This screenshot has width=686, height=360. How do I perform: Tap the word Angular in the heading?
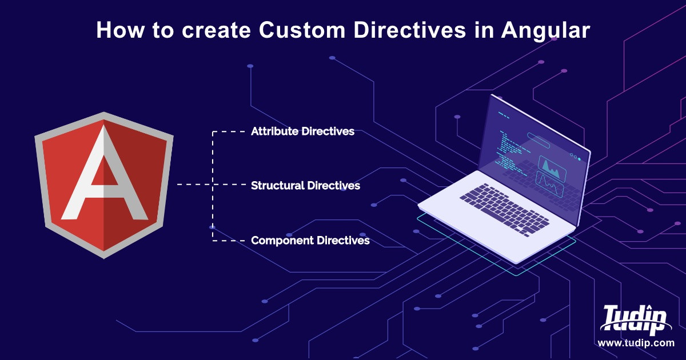[x=545, y=30]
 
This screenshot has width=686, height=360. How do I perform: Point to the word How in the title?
[x=119, y=30]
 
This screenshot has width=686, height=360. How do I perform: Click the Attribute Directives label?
[x=302, y=131]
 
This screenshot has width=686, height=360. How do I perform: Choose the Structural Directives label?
[x=305, y=186]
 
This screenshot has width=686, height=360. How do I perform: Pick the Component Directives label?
[x=310, y=241]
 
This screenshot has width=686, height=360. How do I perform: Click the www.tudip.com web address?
[x=636, y=343]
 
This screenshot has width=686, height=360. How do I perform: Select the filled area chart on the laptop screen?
[x=551, y=168]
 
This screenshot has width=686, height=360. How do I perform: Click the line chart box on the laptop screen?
[x=549, y=186]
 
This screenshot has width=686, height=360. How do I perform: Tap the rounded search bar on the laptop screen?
[x=538, y=137]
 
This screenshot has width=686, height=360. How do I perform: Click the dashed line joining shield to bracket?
[x=194, y=185]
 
